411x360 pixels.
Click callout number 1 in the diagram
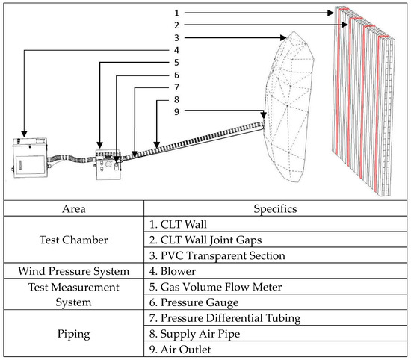[x=176, y=13]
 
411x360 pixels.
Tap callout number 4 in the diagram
[x=176, y=50]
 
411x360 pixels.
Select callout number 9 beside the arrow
[x=176, y=111]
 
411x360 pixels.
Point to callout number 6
[x=176, y=75]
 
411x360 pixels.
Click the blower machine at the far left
[x=30, y=158]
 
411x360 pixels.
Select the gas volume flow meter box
[x=108, y=165]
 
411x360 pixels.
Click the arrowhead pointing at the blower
[x=24, y=134]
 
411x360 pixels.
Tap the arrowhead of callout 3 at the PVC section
[x=283, y=38]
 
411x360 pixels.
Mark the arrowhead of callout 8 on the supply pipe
[x=157, y=145]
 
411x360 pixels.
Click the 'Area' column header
[x=74, y=209]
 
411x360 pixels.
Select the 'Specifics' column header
[x=275, y=209]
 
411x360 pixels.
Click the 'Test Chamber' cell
[x=74, y=240]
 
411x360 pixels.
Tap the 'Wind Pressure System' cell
[x=74, y=271]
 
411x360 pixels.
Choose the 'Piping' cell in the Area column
[x=74, y=334]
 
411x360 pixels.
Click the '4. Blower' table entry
[x=173, y=271]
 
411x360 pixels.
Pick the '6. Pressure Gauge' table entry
[x=194, y=302]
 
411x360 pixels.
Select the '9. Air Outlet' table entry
[x=180, y=350]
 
